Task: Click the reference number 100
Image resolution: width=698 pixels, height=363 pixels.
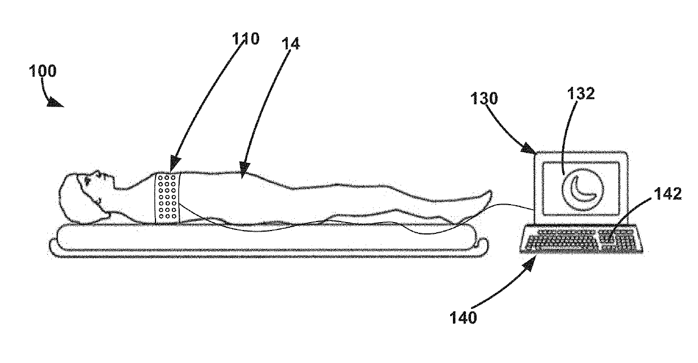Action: tap(42, 72)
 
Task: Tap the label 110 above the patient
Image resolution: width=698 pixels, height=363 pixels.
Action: tap(246, 39)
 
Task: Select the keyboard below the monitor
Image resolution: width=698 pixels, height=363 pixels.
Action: tap(580, 241)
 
